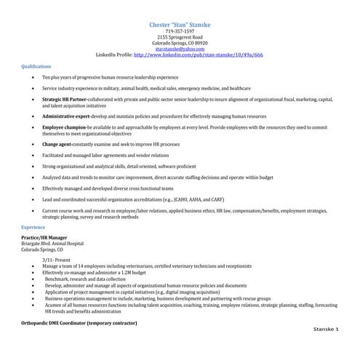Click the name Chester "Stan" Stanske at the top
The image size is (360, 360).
[180, 25]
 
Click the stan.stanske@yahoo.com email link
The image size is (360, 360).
[180, 48]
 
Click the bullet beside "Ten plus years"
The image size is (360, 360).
[30, 76]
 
